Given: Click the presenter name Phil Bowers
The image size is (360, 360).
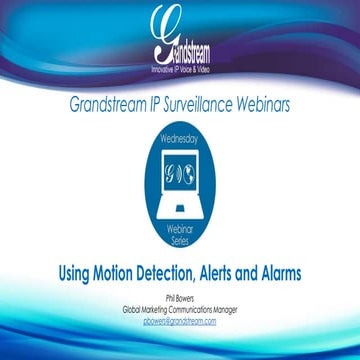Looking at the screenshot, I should click(180, 297).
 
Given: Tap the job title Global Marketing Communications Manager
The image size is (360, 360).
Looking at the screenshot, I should click(180, 308).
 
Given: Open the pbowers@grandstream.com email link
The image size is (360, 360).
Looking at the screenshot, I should click(180, 320).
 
